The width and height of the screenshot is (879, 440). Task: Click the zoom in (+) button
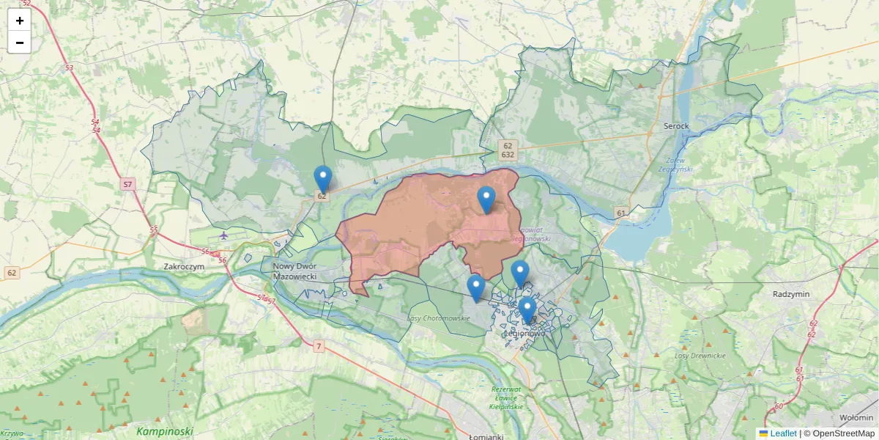(x=20, y=21)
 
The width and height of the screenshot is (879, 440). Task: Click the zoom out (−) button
(x=20, y=43)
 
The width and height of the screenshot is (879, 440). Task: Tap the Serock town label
(x=676, y=126)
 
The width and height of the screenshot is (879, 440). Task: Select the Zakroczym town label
(x=183, y=267)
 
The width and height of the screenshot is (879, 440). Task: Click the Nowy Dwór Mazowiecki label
(x=294, y=271)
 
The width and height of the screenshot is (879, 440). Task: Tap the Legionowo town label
(x=524, y=333)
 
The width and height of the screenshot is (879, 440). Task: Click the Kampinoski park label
(x=164, y=431)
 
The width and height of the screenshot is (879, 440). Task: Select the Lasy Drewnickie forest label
(x=700, y=356)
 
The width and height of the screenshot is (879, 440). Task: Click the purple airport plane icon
(x=223, y=236)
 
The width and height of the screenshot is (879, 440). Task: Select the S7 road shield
(x=128, y=184)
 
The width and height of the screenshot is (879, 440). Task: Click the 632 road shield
(x=507, y=155)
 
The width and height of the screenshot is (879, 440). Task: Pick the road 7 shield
(x=318, y=346)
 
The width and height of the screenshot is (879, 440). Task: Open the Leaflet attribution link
(x=782, y=433)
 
